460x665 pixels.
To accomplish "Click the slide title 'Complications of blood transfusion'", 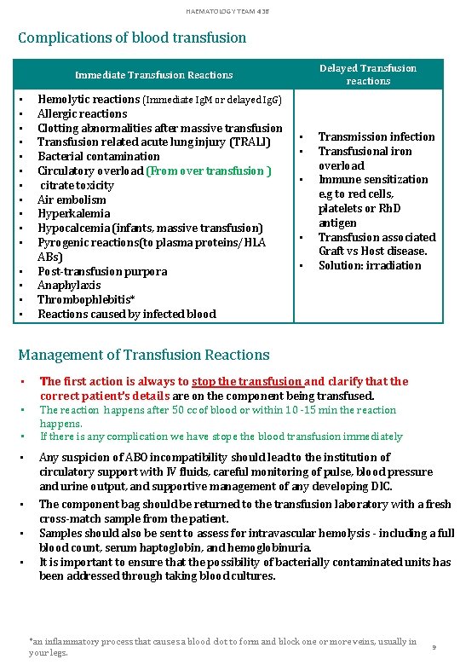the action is (x=132, y=38).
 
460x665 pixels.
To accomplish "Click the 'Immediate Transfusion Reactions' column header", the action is (x=153, y=75).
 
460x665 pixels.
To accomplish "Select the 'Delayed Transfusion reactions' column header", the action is (x=368, y=74).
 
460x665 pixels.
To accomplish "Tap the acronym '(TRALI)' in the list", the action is (x=250, y=142).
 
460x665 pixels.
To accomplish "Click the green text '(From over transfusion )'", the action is (x=209, y=171).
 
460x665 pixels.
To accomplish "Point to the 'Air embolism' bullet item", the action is (x=72, y=199).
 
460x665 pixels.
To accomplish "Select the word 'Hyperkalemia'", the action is (x=74, y=214).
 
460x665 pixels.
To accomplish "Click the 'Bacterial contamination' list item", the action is (x=98, y=157).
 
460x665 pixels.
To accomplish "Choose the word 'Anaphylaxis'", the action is (x=69, y=286).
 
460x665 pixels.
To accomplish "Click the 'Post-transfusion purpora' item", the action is (x=102, y=271).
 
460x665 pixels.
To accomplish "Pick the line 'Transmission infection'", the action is (x=377, y=136).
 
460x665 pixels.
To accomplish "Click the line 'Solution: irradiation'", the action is (x=370, y=265).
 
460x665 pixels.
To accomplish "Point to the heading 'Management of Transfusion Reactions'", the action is (x=144, y=355).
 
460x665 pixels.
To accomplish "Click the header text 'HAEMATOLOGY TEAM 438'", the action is (x=230, y=9).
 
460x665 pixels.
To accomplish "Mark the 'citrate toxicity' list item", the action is (x=78, y=185).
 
